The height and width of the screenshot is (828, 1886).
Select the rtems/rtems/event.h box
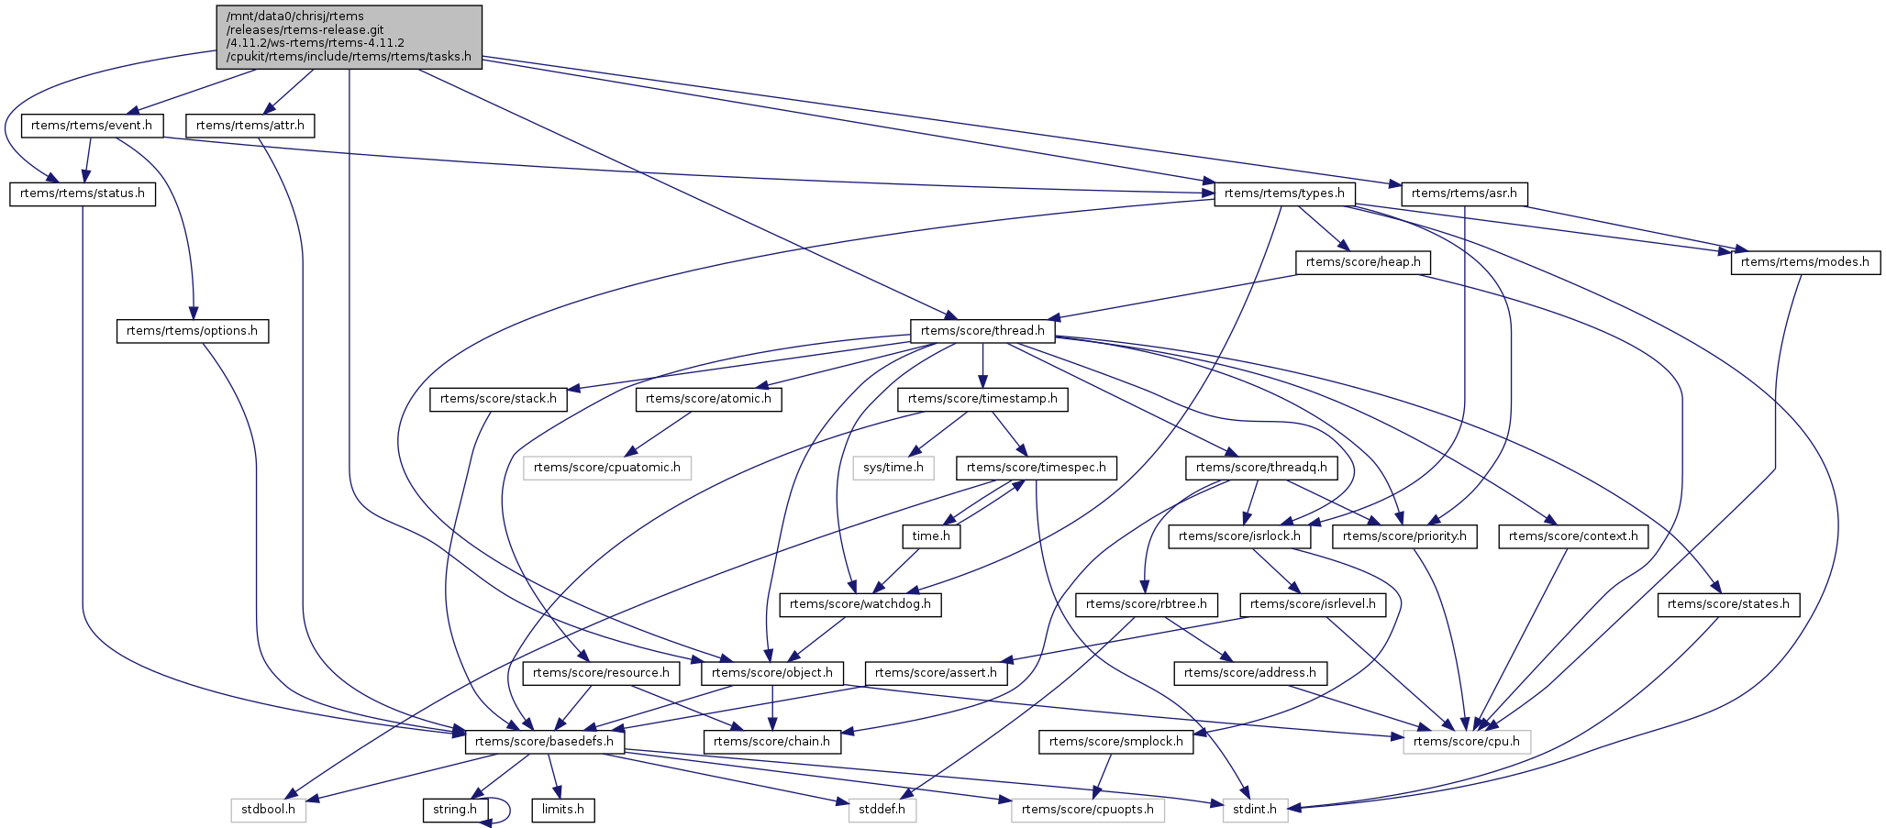[x=92, y=126]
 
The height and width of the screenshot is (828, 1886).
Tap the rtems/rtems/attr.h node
[x=250, y=126]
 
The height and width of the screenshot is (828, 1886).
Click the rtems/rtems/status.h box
[x=83, y=194]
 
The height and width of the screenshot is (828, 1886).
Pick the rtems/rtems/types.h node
[x=1284, y=193]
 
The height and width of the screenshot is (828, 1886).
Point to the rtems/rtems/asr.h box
[x=1465, y=193]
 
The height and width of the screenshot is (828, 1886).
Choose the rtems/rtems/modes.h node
[x=1804, y=262]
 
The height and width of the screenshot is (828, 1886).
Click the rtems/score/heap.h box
[x=1363, y=262]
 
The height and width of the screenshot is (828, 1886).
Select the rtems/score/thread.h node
[x=982, y=331]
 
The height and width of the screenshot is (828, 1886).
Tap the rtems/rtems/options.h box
[x=193, y=331]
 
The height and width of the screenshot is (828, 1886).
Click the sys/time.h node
[x=893, y=468]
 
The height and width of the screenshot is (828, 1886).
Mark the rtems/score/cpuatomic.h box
[x=607, y=468]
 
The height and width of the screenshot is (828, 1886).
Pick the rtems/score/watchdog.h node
[x=860, y=604]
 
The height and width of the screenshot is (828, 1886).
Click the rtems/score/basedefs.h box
[x=545, y=742]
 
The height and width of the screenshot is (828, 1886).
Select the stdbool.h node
[x=268, y=810]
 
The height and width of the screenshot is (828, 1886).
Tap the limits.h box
[x=563, y=810]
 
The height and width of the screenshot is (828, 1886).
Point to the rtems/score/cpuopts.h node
[x=1088, y=810]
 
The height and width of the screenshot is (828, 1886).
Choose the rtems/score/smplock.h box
[x=1116, y=742]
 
